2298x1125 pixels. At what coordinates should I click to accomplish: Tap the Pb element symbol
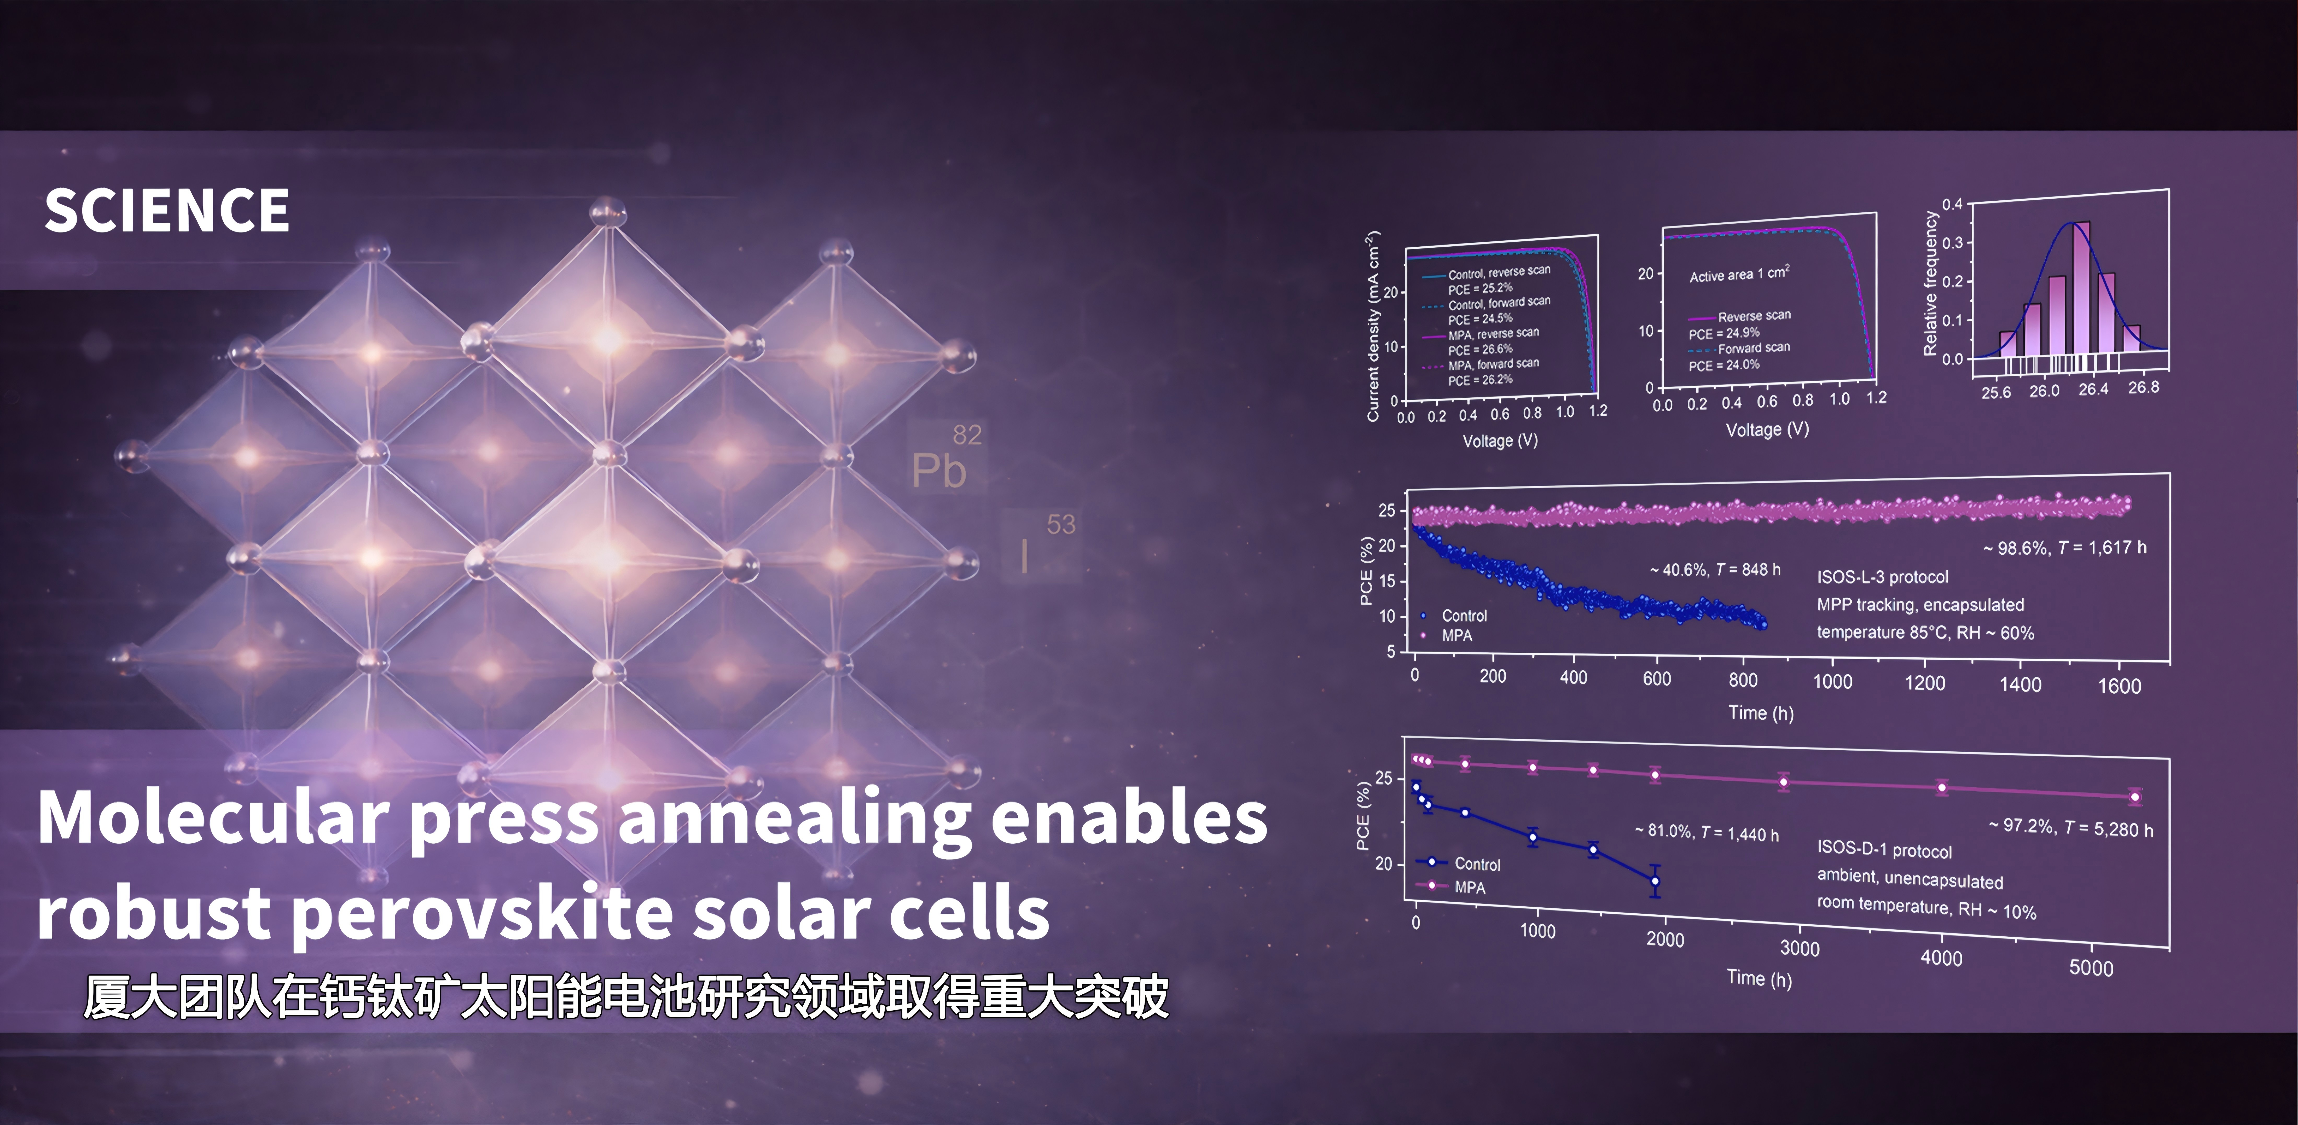pos(938,470)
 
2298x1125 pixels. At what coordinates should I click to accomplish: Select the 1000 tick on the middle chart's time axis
pos(1832,682)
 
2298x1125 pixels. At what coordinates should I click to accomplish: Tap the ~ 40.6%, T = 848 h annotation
pos(1715,569)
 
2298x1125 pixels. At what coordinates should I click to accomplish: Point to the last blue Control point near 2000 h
pos(1655,880)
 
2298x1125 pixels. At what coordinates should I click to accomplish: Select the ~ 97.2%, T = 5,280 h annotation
pos(2070,827)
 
